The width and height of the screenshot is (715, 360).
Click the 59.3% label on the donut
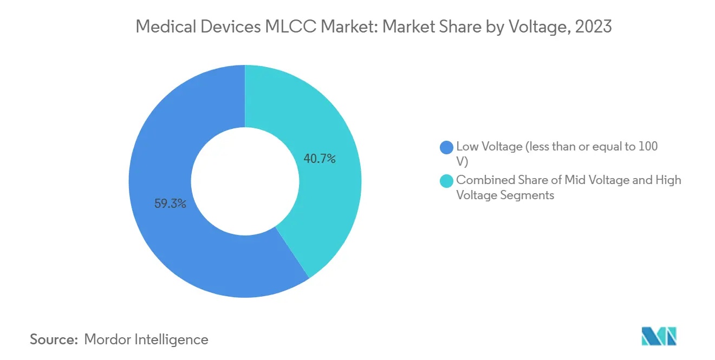pos(171,204)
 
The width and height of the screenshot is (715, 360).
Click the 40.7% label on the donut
pos(320,159)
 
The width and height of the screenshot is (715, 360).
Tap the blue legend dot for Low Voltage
pos(447,147)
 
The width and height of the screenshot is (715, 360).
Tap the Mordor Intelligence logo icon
pos(659,336)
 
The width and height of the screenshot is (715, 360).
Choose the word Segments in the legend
pos(528,195)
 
